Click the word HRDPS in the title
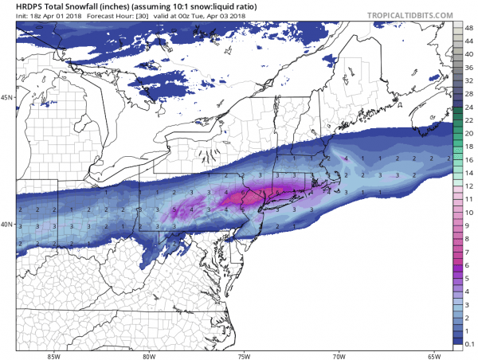[33, 6]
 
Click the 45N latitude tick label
[7, 98]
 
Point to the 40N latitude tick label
[7, 225]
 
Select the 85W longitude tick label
[54, 354]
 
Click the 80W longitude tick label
[150, 354]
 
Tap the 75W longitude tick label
[245, 354]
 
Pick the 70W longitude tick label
[339, 354]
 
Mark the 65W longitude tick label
[434, 354]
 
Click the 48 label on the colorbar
[470, 28]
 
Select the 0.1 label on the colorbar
[470, 342]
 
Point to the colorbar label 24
[470, 106]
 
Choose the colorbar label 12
[470, 185]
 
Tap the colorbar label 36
[470, 67]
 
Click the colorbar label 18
[470, 146]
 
